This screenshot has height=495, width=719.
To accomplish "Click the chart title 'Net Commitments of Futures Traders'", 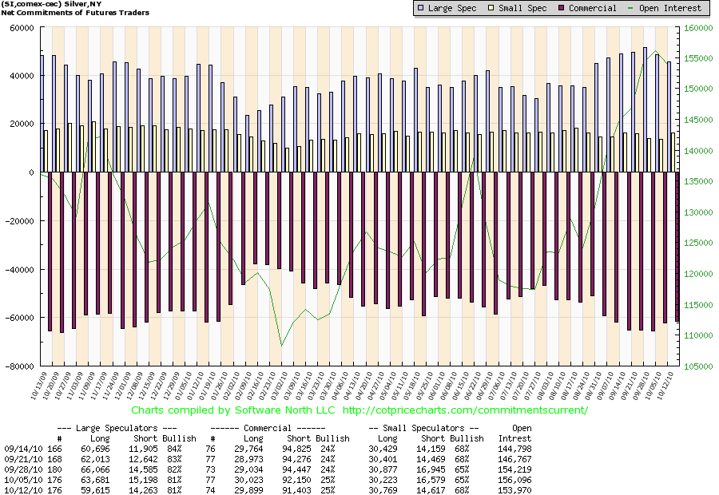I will [56, 13].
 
